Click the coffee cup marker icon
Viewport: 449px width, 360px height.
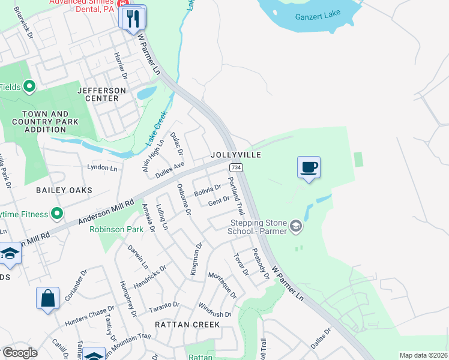309,167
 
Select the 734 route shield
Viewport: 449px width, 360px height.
235,167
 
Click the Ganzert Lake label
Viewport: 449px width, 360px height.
318,16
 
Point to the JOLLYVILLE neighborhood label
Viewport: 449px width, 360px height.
236,155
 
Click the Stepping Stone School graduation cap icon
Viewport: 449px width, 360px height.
295,226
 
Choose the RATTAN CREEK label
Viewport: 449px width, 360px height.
187,324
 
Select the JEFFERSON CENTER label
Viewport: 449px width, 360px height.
102,94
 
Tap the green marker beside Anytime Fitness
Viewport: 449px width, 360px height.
57,213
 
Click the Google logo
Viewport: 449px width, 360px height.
19,352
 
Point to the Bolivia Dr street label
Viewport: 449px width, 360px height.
208,191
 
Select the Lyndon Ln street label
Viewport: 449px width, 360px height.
103,168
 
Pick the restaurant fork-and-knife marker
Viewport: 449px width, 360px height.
133,18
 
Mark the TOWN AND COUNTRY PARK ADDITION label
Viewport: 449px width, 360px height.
45,122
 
